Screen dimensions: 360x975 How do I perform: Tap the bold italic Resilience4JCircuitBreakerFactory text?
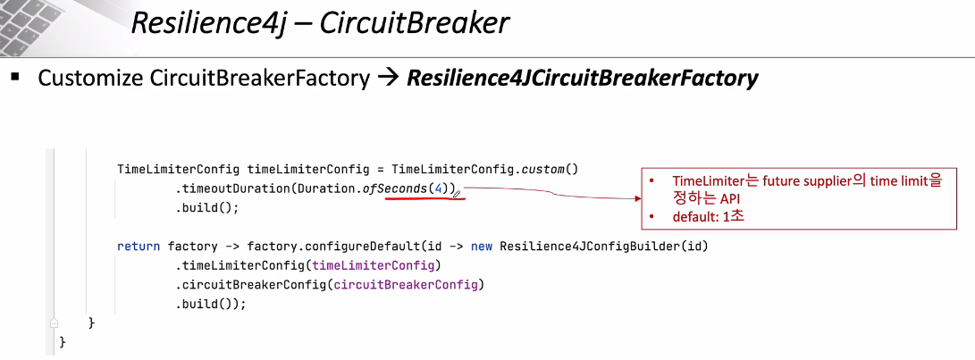(582, 78)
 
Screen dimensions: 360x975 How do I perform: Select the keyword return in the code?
(139, 246)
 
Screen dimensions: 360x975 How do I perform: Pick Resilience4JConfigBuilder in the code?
(590, 246)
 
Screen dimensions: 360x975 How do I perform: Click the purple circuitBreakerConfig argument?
(407, 284)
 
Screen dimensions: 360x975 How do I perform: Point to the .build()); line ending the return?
(210, 304)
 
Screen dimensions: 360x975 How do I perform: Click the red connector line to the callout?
(554, 192)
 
